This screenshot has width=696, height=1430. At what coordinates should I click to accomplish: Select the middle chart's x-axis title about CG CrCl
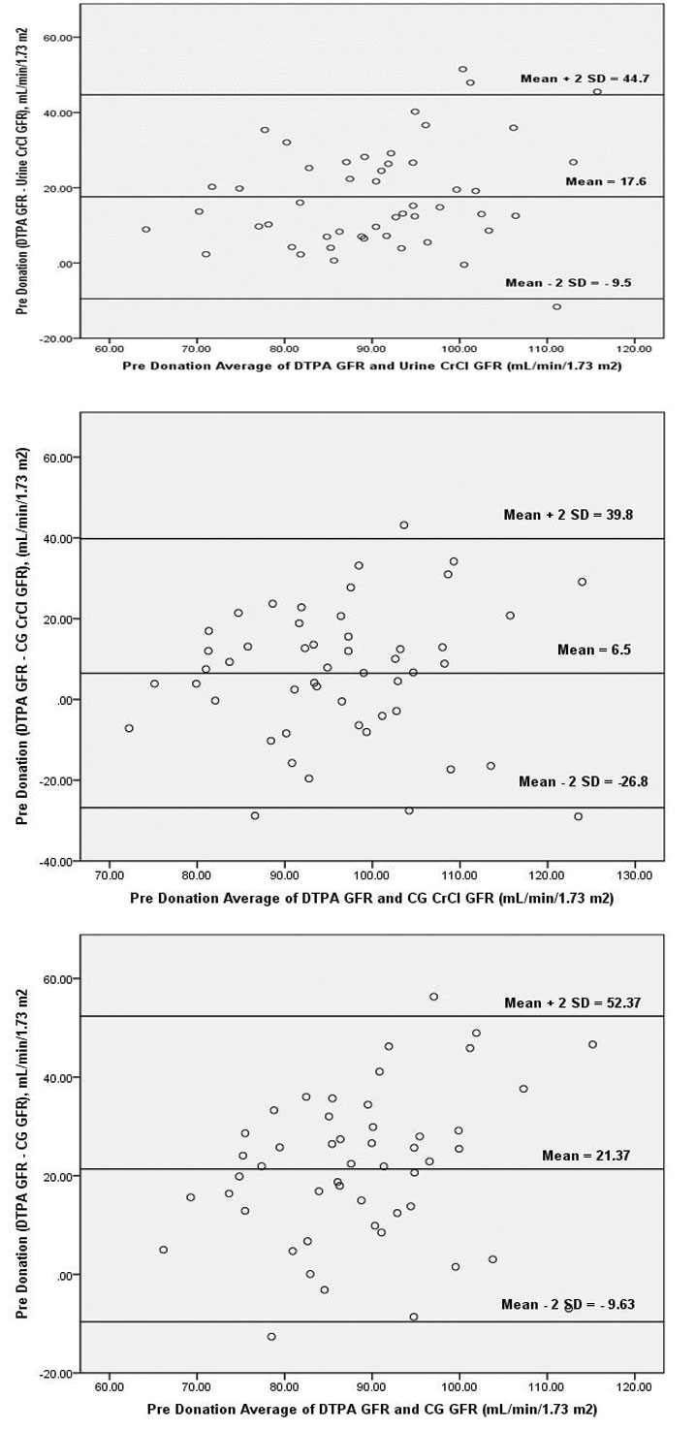click(x=371, y=900)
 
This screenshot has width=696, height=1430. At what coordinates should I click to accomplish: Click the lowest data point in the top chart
click(x=556, y=306)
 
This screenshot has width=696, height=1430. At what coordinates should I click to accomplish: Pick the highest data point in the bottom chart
click(x=433, y=997)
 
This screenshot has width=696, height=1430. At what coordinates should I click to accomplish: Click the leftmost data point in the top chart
click(x=146, y=230)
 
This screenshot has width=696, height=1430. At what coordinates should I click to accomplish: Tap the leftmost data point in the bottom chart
click(x=163, y=1250)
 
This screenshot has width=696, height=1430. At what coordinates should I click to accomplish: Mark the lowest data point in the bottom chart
click(x=271, y=1336)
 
